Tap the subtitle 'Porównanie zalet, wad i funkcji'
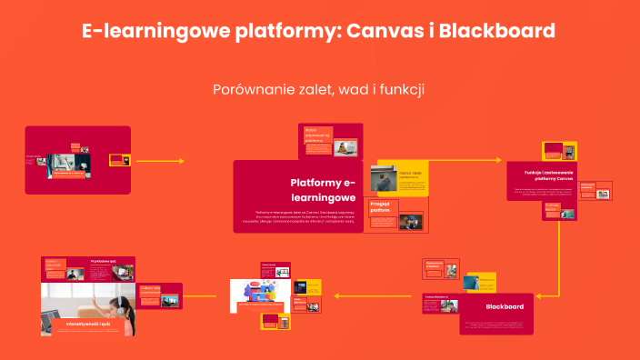319,90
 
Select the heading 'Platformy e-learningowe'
323,190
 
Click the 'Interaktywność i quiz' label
88,323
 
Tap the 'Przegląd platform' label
379,207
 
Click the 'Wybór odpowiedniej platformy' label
316,135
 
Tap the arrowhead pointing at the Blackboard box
538,295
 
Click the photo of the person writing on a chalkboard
383,177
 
